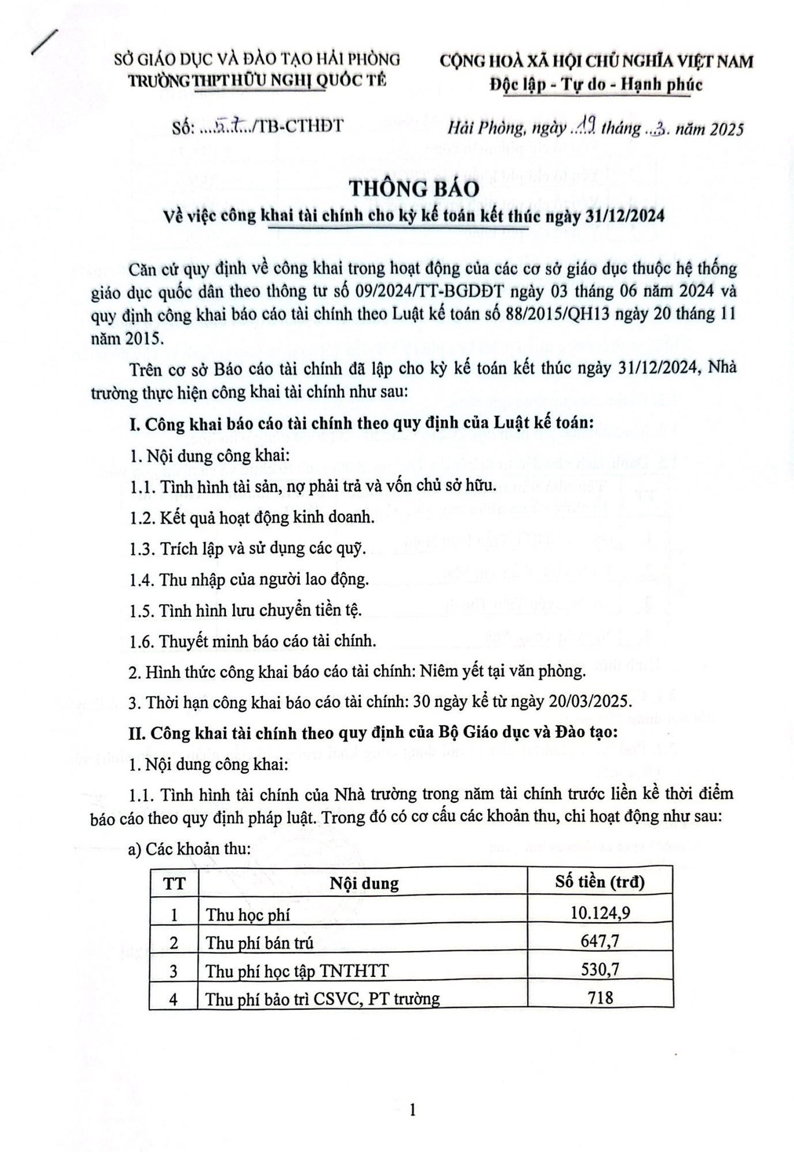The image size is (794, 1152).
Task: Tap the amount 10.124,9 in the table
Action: coord(600,913)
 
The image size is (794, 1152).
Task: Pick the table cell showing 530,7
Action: coord(600,970)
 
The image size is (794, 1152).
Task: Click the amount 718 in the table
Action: coord(600,998)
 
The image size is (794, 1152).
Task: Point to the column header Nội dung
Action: coord(364,884)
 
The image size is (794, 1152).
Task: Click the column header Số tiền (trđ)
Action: coord(600,882)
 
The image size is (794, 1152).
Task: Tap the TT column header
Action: coord(174,884)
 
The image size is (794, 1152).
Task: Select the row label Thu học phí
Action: coord(248,915)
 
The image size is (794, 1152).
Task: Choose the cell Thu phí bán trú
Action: coord(259,943)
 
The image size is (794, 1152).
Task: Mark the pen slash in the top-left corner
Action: coord(45,42)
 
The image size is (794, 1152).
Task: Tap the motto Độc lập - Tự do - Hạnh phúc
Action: coord(596,85)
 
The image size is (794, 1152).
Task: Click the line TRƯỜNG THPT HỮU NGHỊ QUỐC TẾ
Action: coord(256,81)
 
